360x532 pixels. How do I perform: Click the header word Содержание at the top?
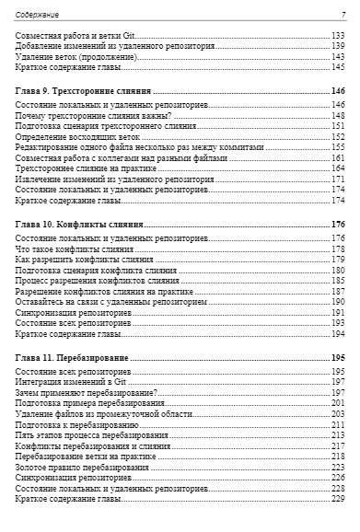coord(37,15)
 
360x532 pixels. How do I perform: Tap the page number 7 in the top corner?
coord(343,15)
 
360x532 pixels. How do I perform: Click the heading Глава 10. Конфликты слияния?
coord(79,225)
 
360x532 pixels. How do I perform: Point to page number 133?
coord(338,36)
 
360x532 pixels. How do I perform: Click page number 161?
coord(338,157)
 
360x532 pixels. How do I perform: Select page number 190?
coord(338,301)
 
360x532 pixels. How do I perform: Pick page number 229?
coord(338,498)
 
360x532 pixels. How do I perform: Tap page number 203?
coord(338,413)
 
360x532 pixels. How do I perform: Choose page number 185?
coord(338,281)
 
